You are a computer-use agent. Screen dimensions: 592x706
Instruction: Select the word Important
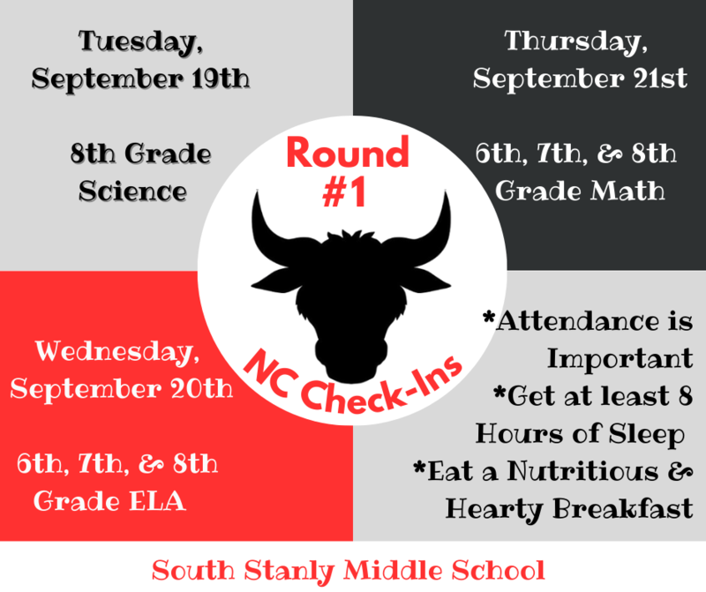[x=619, y=358]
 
